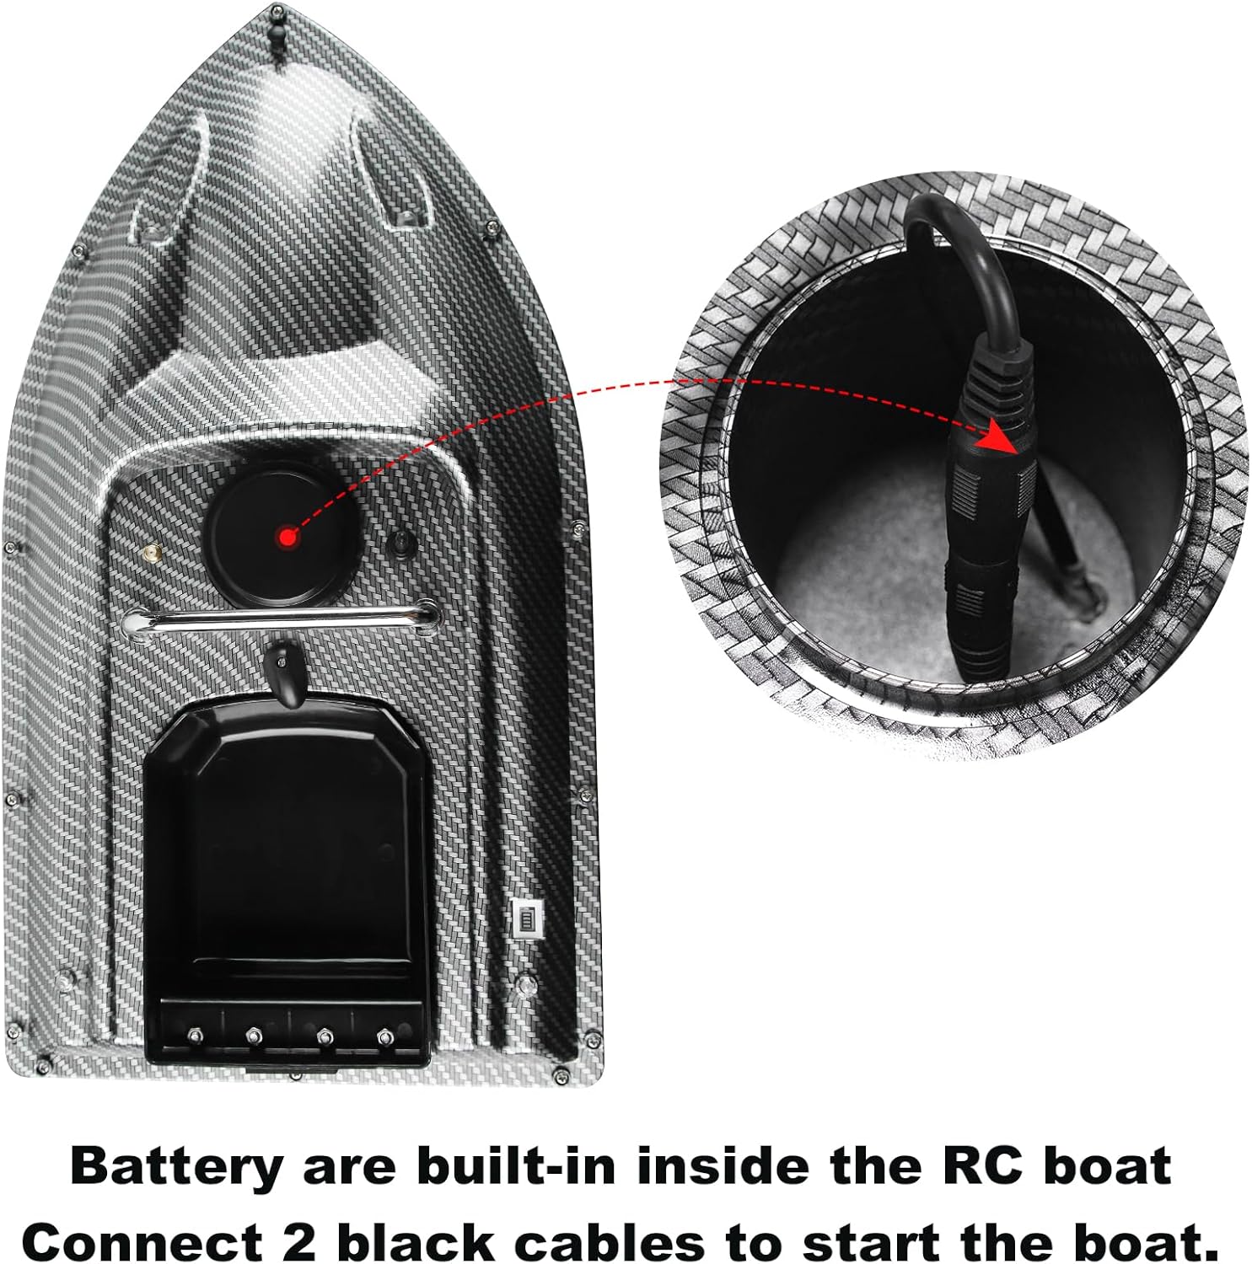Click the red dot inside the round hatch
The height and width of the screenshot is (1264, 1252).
(x=288, y=537)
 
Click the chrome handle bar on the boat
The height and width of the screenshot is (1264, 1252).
(x=281, y=620)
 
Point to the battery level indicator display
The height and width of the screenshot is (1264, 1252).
(x=526, y=917)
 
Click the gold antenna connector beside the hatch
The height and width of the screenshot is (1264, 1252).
(x=152, y=554)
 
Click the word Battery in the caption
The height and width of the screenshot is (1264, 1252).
(x=176, y=1167)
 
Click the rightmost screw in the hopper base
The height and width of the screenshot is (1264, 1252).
(x=384, y=1036)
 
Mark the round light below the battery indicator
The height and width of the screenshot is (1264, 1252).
(x=526, y=983)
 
